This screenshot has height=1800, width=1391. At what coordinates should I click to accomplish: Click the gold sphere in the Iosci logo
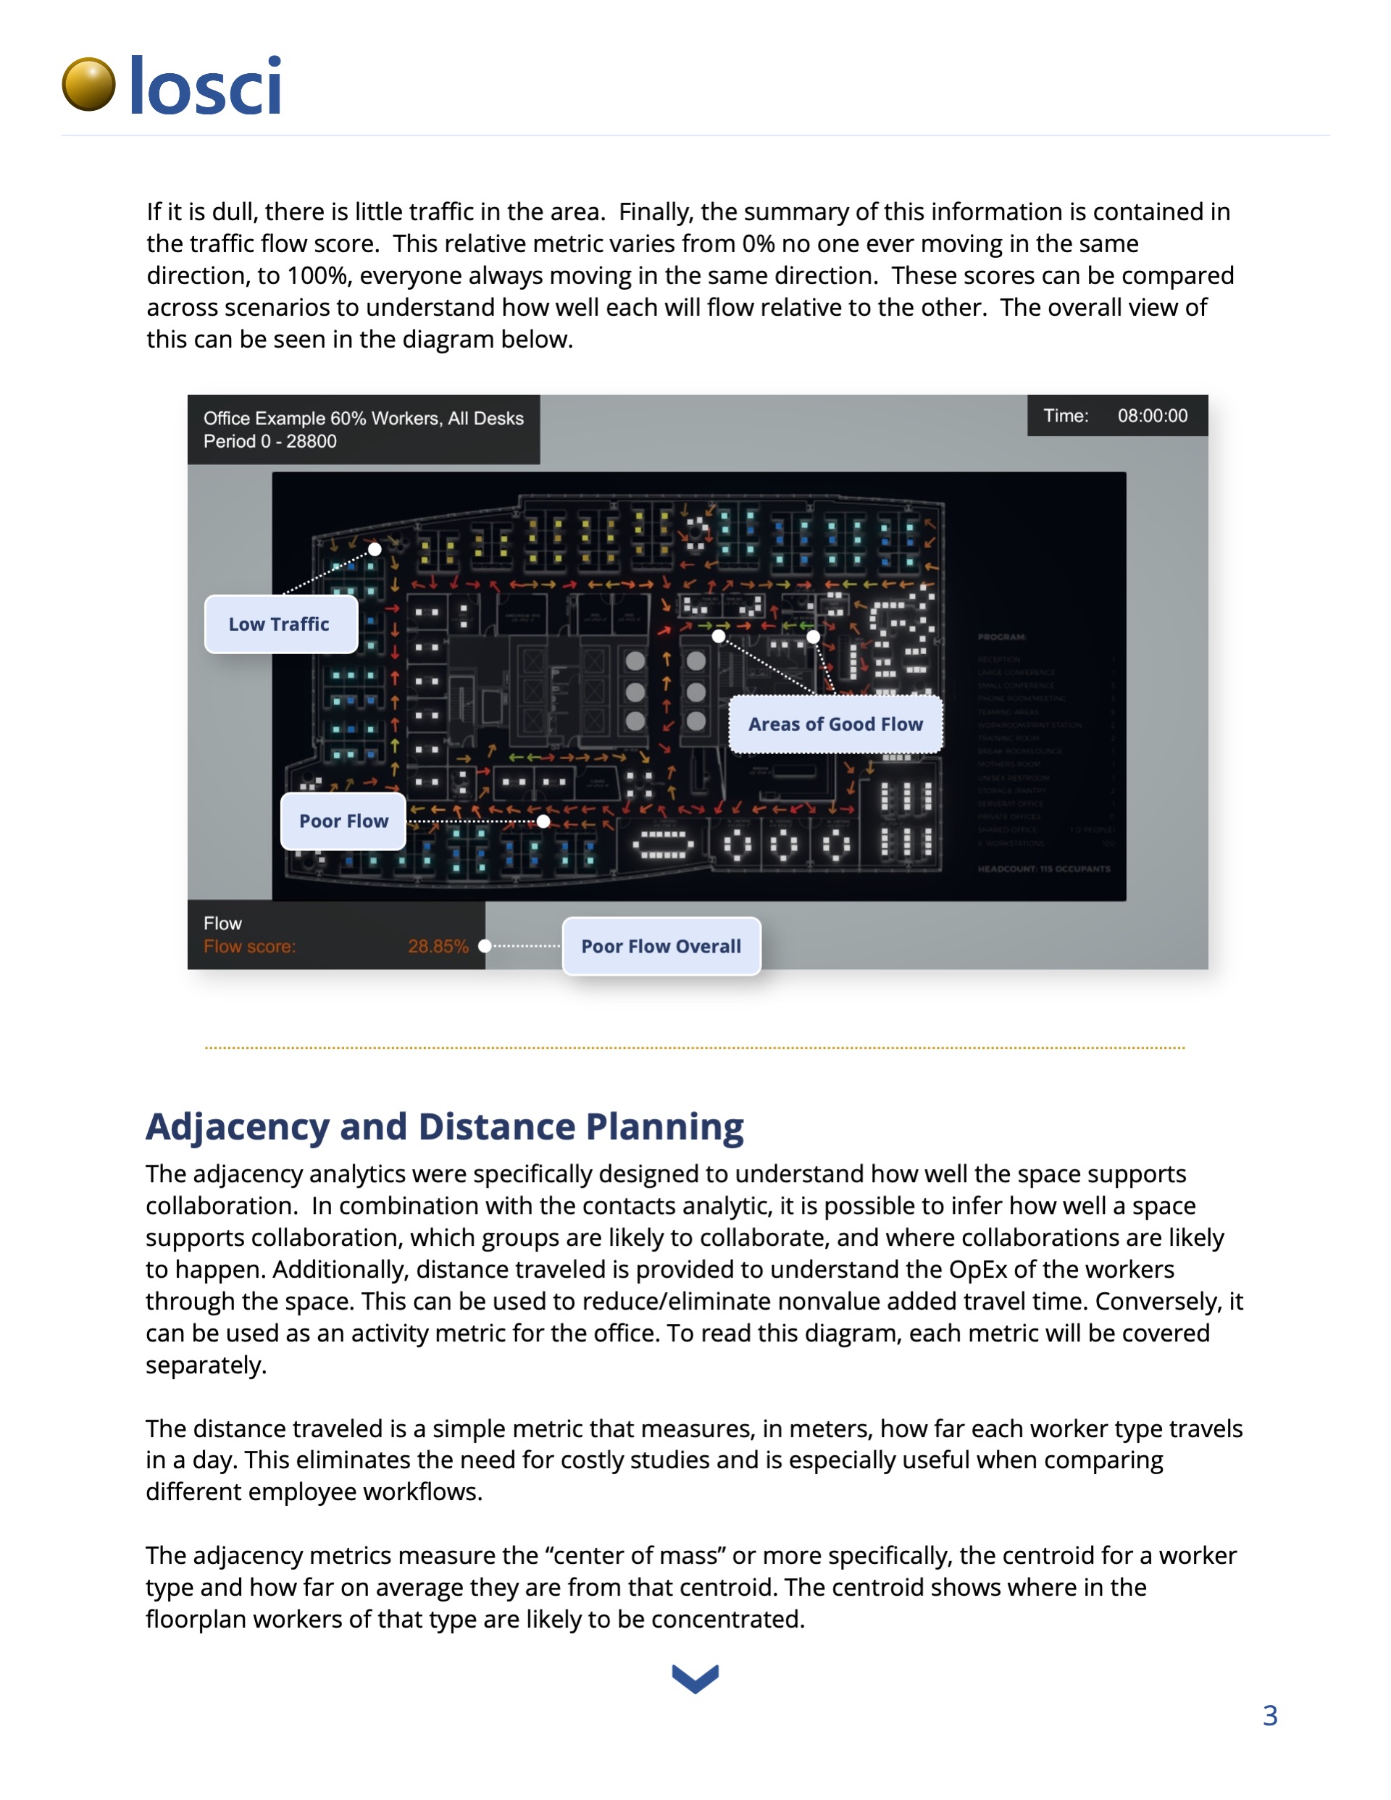89,84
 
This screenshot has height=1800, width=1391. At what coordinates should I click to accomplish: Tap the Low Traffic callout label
280,624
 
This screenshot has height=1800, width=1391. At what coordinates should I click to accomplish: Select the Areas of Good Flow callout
835,724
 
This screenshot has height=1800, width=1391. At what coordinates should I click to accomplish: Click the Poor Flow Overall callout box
661,946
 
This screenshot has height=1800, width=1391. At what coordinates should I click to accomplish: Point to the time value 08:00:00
1152,415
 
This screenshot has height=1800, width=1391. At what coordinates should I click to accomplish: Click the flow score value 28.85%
438,946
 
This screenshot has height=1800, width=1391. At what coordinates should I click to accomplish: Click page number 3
1270,1715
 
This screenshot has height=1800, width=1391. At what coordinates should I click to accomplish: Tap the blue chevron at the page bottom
695,1678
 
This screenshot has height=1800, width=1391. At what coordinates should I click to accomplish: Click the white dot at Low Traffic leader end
375,549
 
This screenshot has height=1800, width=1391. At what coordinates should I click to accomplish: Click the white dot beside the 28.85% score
485,946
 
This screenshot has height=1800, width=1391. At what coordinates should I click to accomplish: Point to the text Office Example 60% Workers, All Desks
364,418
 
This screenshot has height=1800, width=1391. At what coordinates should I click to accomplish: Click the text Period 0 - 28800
270,441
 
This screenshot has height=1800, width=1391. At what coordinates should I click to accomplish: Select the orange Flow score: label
249,946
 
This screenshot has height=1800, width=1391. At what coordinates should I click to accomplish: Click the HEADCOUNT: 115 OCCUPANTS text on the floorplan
1044,868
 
